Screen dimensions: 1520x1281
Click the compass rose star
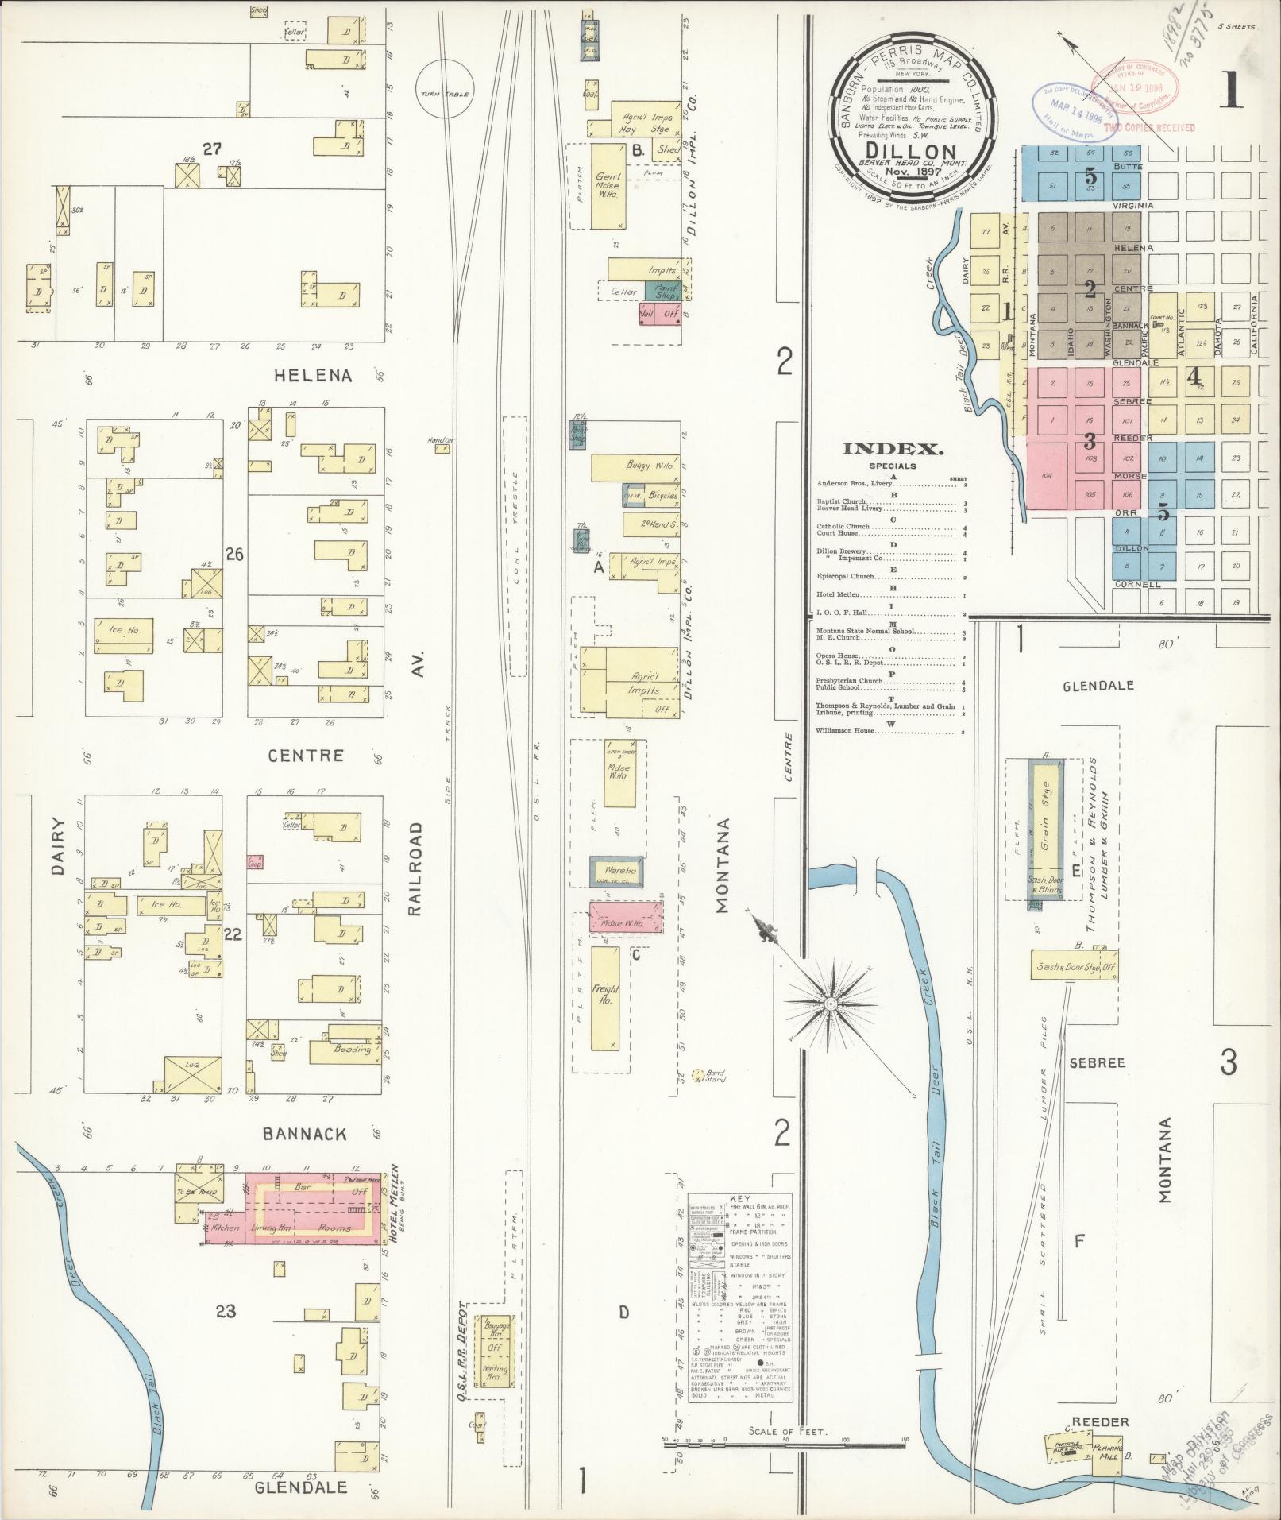coord(831,1004)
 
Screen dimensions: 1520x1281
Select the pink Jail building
coord(649,314)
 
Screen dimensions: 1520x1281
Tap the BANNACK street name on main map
coord(311,1134)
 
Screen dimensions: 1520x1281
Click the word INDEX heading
coord(893,449)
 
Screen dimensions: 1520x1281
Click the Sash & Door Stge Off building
coord(1074,968)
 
